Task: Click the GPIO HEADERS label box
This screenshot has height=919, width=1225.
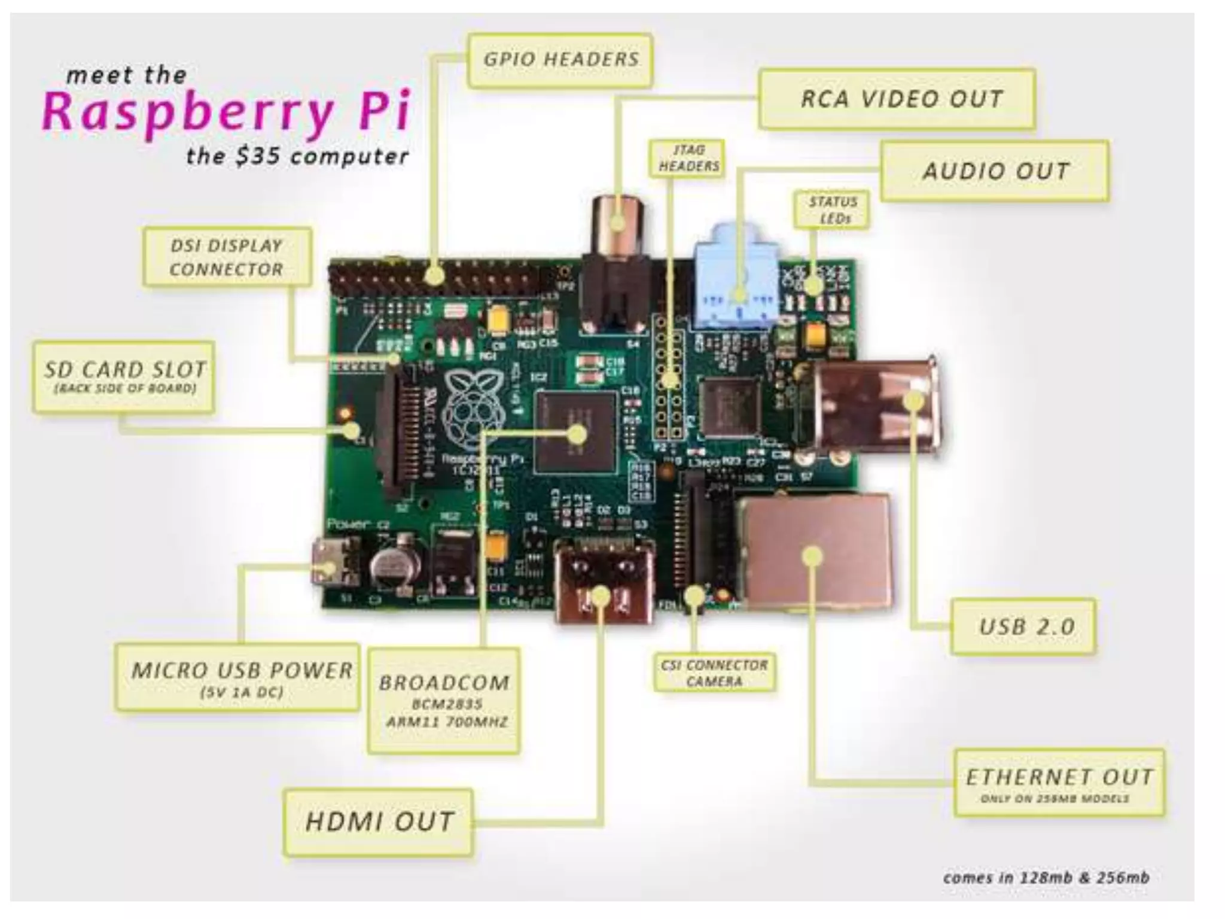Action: [x=560, y=60]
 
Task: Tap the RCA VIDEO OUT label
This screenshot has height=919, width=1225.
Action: [x=897, y=99]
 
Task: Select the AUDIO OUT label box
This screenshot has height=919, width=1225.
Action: [x=995, y=171]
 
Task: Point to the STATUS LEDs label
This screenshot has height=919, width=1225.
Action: [x=832, y=209]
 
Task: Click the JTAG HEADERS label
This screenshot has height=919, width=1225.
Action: [x=688, y=158]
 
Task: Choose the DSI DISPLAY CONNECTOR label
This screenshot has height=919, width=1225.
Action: [x=227, y=257]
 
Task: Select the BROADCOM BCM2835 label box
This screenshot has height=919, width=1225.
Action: [x=444, y=700]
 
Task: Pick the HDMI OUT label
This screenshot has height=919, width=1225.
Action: [x=379, y=821]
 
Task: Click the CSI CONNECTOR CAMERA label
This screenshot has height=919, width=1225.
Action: [x=714, y=673]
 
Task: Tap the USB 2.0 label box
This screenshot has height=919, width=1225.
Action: [x=1024, y=626]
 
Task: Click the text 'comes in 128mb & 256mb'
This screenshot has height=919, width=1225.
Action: [x=1046, y=877]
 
